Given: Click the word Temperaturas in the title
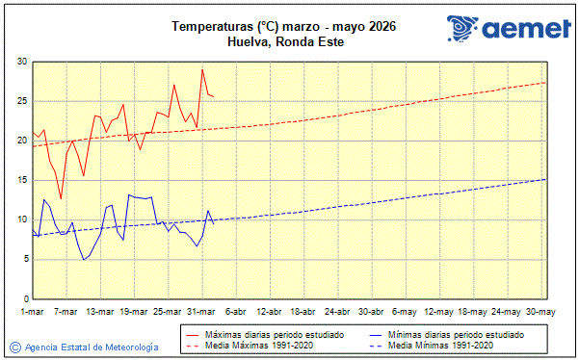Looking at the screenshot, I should pyautogui.click(x=205, y=26).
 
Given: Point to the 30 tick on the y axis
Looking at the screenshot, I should pyautogui.click(x=21, y=62).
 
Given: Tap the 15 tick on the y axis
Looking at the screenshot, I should pyautogui.click(x=21, y=180).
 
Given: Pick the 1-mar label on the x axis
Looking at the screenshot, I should pyautogui.click(x=32, y=312).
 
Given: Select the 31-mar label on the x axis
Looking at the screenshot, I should pyautogui.click(x=202, y=312).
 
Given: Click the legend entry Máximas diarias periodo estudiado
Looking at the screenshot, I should pyautogui.click(x=275, y=334).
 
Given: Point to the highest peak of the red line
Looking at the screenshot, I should pyautogui.click(x=202, y=69).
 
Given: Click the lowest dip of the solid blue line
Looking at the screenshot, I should pyautogui.click(x=84, y=260).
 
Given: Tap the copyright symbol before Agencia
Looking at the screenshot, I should pyautogui.click(x=15, y=347).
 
